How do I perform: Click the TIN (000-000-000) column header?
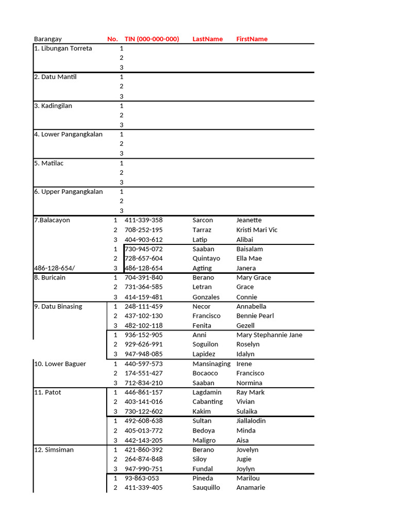152,39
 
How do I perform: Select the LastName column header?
207,39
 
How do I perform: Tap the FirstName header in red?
252,39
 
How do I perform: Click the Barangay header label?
47,39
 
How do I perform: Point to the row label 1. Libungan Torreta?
63,48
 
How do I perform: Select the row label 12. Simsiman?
54,450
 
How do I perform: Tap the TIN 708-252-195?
143,230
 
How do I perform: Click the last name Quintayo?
206,259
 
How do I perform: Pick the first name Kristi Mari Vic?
257,230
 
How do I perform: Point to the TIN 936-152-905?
143,335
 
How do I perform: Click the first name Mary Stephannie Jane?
269,335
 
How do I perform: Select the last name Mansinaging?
211,364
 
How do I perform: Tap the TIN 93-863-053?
141,478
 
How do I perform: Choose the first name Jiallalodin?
251,421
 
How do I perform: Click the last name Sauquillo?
206,488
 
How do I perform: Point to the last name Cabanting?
208,402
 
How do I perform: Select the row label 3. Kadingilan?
53,106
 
